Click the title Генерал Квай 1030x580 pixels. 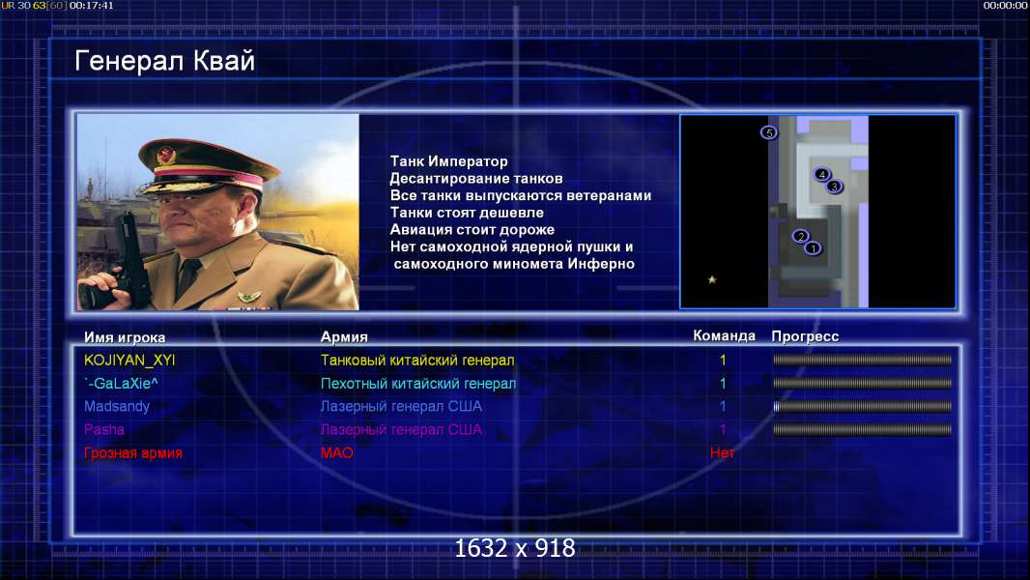click(x=165, y=61)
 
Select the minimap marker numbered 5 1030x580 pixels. click(x=768, y=132)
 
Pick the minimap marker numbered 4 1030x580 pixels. click(x=821, y=174)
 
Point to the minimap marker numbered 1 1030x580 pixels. click(x=814, y=248)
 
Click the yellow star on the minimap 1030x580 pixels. click(x=711, y=279)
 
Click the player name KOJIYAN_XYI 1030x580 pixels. click(x=129, y=360)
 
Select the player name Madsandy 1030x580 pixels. click(x=117, y=407)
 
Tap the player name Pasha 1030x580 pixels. click(x=103, y=429)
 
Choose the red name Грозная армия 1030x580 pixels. click(x=133, y=452)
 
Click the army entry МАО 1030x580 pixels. click(x=337, y=452)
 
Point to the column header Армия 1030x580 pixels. click(x=344, y=337)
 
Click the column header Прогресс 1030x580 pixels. click(x=805, y=336)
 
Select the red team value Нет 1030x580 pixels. click(x=723, y=452)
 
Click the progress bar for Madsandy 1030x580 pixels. click(x=862, y=407)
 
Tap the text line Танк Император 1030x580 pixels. click(x=448, y=160)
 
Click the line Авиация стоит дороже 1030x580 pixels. click(x=472, y=229)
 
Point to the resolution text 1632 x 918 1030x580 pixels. click(x=515, y=548)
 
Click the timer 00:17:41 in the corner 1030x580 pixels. click(x=91, y=5)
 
